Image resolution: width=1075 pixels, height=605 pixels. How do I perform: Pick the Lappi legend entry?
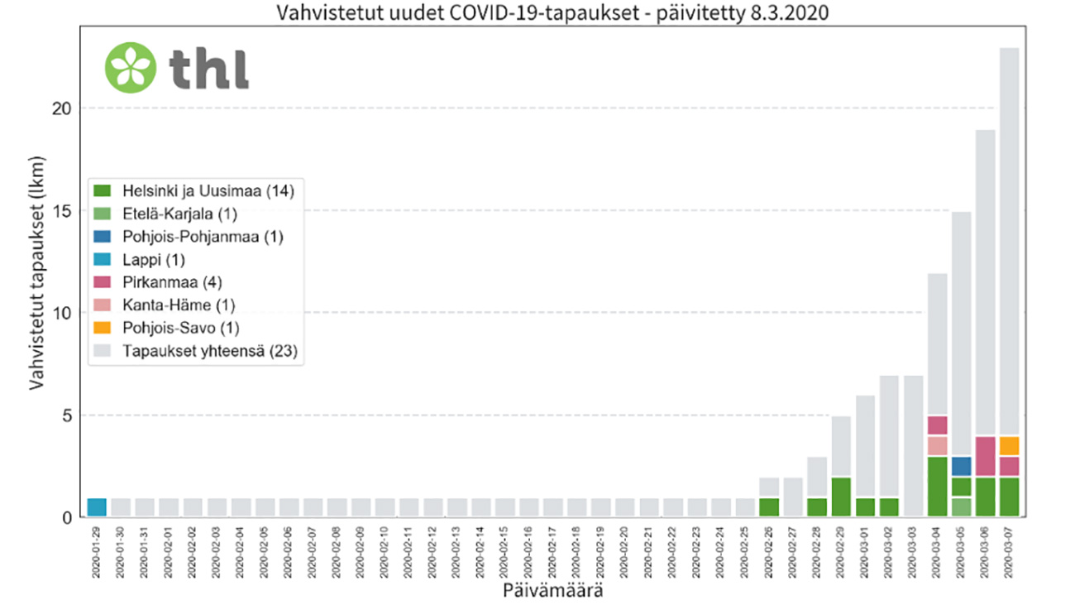click(152, 260)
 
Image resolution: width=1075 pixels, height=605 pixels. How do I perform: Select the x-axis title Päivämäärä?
click(552, 591)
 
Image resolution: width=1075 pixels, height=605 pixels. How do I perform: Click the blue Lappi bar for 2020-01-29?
click(97, 507)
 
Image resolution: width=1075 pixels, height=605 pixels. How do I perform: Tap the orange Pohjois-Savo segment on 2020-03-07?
click(1008, 446)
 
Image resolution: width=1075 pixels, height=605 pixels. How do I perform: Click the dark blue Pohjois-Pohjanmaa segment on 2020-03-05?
click(960, 466)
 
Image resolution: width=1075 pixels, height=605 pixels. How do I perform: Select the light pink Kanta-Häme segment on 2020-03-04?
click(936, 445)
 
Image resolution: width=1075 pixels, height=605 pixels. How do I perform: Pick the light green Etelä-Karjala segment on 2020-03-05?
click(960, 507)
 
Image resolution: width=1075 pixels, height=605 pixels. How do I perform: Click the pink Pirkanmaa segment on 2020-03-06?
click(984, 456)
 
